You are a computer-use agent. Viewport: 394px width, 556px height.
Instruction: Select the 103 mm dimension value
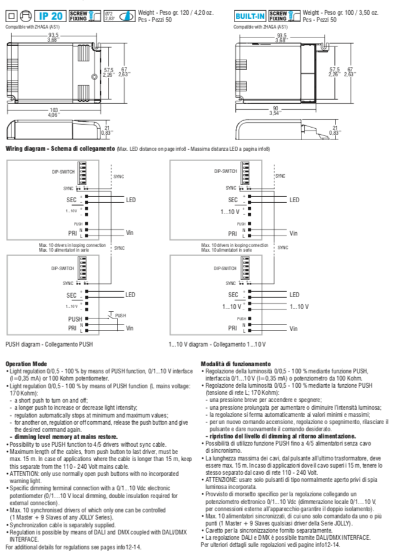pyautogui.click(x=54, y=111)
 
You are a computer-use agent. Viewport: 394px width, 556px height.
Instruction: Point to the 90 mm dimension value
pyautogui.click(x=276, y=111)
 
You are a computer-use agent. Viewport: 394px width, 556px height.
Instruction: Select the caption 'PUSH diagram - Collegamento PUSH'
pyautogui.click(x=48, y=345)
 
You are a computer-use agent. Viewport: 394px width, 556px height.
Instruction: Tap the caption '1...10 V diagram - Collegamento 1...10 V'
pyautogui.click(x=217, y=345)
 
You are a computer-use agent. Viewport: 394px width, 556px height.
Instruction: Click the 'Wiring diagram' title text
pyautogui.click(x=45, y=148)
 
